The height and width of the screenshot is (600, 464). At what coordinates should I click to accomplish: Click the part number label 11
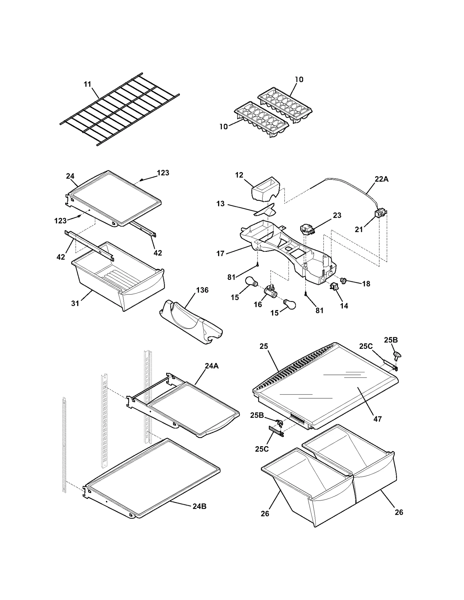point(87,84)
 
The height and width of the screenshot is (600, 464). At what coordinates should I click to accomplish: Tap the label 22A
point(381,179)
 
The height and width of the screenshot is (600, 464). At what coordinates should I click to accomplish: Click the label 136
point(202,290)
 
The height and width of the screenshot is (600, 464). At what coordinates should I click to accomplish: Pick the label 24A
point(211,366)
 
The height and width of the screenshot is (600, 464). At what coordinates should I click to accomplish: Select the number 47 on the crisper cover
point(377,419)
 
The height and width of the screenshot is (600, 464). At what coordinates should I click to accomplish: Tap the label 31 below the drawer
point(75,303)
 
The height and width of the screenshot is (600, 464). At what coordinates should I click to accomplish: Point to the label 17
point(220,254)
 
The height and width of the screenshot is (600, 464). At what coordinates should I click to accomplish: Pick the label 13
point(220,204)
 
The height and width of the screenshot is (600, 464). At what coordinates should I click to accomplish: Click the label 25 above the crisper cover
point(264,346)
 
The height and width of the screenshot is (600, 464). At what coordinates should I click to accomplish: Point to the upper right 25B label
point(391,340)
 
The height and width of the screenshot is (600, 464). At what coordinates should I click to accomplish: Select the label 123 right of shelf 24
point(163,173)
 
